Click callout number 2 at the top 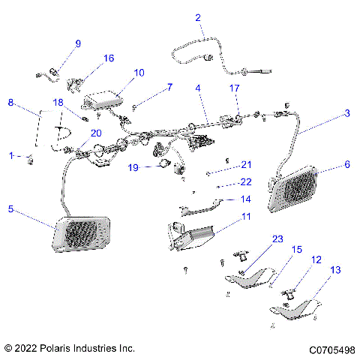198,18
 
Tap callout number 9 77,43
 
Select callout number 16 109,58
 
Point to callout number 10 139,73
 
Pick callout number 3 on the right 346,113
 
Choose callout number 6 346,163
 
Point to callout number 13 334,268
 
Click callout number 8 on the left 10,102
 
